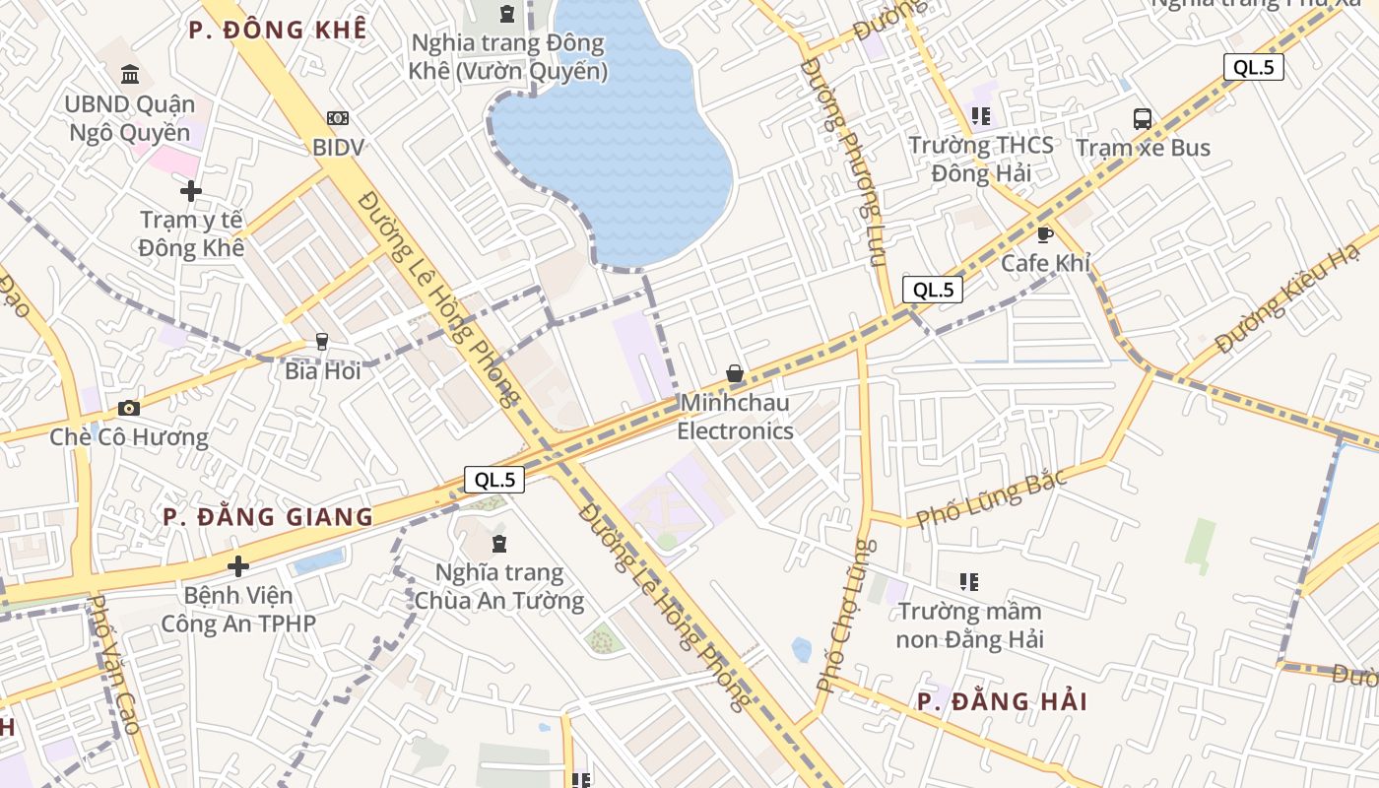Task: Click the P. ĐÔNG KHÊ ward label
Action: pyautogui.click(x=278, y=30)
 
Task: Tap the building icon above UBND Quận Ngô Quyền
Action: pyautogui.click(x=129, y=74)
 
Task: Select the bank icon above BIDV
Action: pyautogui.click(x=338, y=118)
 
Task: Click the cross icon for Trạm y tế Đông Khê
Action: pyautogui.click(x=191, y=190)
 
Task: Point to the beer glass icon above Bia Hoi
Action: pyautogui.click(x=321, y=342)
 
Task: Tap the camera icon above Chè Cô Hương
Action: pyautogui.click(x=129, y=408)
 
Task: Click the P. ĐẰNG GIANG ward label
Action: pyautogui.click(x=268, y=517)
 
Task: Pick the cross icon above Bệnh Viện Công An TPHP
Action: pyautogui.click(x=237, y=566)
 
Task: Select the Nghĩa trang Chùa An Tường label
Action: pyautogui.click(x=499, y=587)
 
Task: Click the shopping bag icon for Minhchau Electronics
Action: pyautogui.click(x=735, y=373)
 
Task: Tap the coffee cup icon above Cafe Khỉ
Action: pyautogui.click(x=1045, y=234)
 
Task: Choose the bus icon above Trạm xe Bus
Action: pyautogui.click(x=1143, y=119)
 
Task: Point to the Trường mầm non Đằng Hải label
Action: pyautogui.click(x=970, y=625)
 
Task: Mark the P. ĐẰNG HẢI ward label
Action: pyautogui.click(x=1002, y=701)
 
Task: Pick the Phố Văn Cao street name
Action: pyautogui.click(x=115, y=664)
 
